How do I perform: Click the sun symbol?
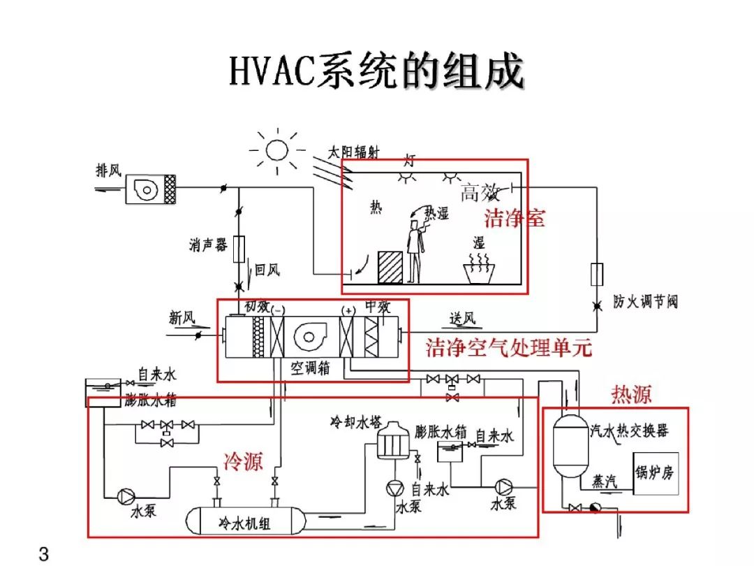[277, 151]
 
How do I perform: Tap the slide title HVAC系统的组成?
[376, 71]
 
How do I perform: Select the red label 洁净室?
[515, 218]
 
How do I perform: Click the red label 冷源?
[244, 461]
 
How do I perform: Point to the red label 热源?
[631, 395]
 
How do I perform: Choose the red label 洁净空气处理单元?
[509, 347]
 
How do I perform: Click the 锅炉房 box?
[656, 474]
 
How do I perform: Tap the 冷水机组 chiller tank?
[246, 521]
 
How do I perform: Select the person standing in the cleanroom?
[415, 251]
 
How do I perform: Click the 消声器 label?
[208, 245]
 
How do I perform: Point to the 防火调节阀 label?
[645, 302]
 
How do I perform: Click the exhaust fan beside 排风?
[151, 189]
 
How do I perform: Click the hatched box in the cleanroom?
[390, 267]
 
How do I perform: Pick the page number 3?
[44, 554]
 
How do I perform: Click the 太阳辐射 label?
[353, 152]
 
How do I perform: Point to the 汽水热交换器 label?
[630, 430]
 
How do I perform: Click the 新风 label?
[182, 318]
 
